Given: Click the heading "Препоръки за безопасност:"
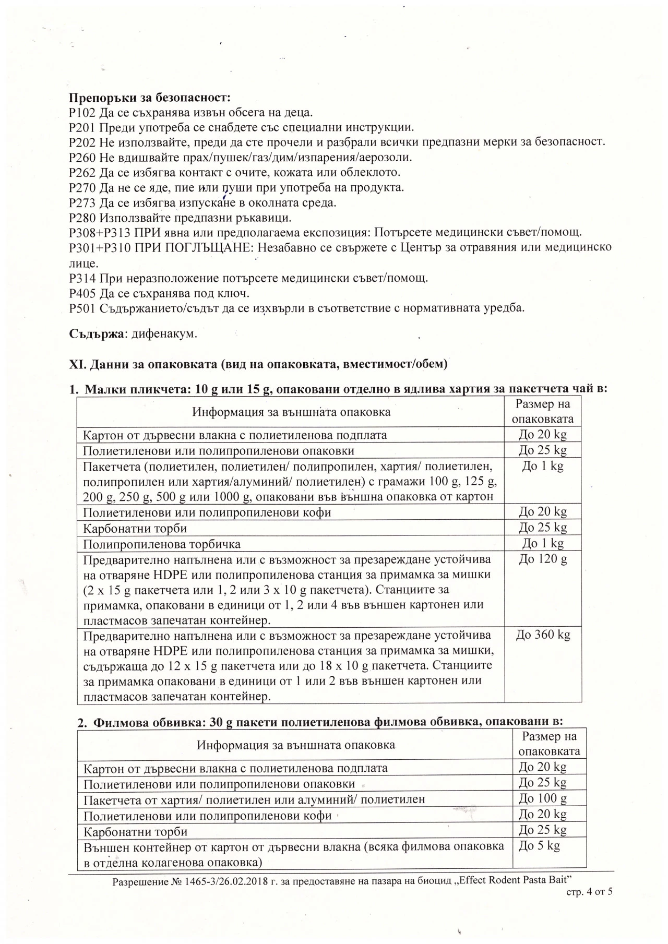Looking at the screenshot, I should (x=150, y=98).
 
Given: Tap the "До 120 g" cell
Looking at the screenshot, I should (x=543, y=559).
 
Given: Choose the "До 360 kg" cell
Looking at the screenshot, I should (x=543, y=635).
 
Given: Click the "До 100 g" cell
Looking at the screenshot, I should (x=543, y=798).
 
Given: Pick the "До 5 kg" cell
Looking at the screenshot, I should (x=539, y=845).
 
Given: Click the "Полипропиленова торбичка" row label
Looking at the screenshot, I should (x=162, y=544).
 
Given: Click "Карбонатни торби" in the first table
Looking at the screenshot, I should (x=135, y=528).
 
